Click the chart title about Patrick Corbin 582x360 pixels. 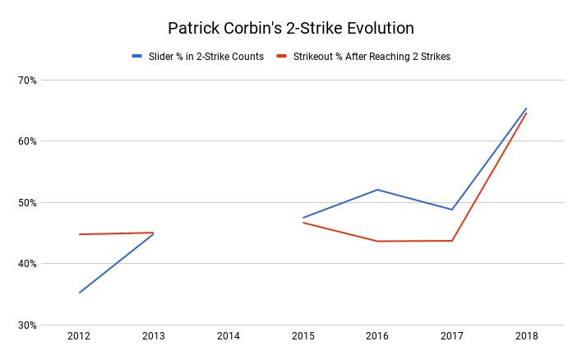tap(291, 28)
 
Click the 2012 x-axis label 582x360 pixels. tap(79, 336)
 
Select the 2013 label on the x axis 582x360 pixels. tap(154, 336)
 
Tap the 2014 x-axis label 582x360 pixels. tap(228, 336)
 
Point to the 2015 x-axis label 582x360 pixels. tap(303, 336)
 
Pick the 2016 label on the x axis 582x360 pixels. tap(377, 336)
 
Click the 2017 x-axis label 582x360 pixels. tap(452, 336)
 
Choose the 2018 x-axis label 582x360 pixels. tap(526, 336)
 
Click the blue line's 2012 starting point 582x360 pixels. tap(79, 293)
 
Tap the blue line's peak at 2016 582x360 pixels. tap(377, 190)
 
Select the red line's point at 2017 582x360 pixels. tap(452, 241)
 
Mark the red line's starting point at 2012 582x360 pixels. tap(79, 234)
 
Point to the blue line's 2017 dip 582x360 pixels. tap(452, 210)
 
